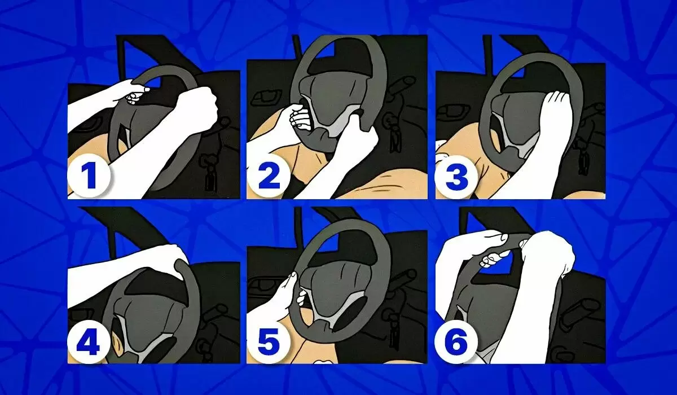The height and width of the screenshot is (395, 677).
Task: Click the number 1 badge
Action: pyautogui.click(x=88, y=177)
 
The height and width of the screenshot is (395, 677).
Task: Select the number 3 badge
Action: pyautogui.click(x=457, y=177)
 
